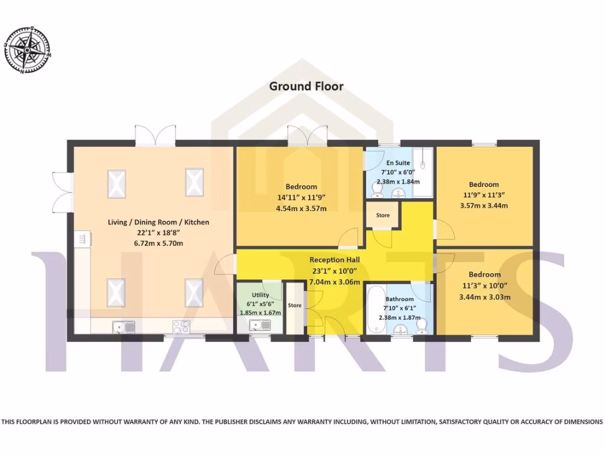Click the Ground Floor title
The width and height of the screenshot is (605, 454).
pos(306,86)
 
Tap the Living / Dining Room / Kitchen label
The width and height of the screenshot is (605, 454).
pos(158,222)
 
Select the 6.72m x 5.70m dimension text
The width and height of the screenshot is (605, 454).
pos(158,244)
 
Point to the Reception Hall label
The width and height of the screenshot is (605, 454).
pos(334,260)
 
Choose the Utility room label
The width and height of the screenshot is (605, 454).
pos(261,295)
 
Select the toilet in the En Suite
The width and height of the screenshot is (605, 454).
pos(376,189)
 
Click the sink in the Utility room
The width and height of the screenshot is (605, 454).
pos(260,325)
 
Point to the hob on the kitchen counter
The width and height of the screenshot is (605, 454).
pos(180,326)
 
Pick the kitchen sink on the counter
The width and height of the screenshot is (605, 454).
pos(125,326)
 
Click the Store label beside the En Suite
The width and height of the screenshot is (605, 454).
pos(383,215)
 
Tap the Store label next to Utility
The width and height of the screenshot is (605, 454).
pos(294,306)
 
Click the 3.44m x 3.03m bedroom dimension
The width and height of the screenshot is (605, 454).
pos(484,297)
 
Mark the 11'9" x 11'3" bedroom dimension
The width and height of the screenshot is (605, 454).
pos(484,194)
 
